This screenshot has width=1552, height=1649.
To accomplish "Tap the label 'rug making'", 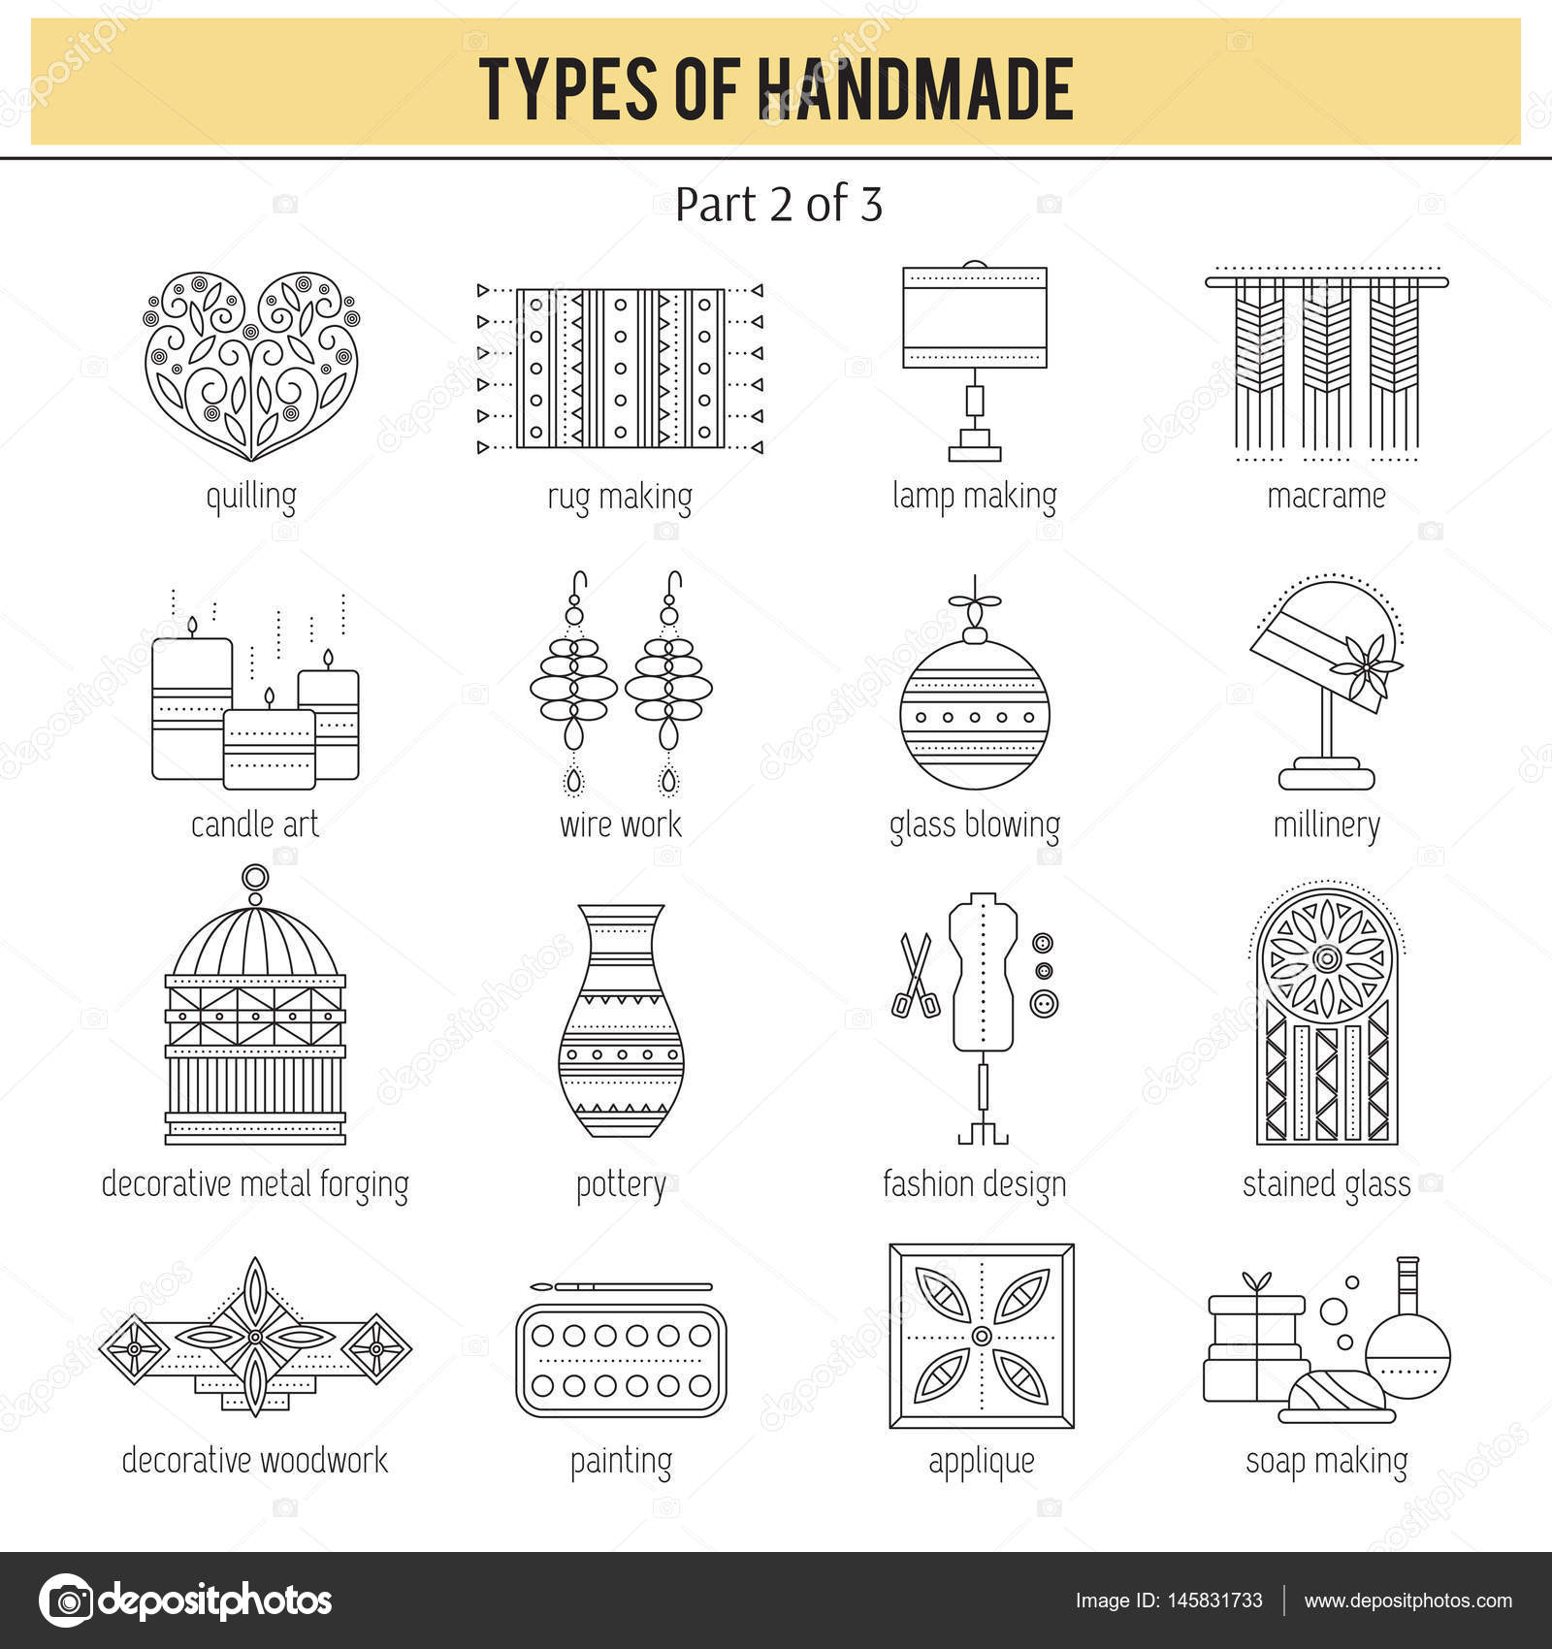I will [620, 497].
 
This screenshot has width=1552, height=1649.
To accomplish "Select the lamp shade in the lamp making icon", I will [975, 317].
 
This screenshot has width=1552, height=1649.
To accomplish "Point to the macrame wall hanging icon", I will [1326, 364].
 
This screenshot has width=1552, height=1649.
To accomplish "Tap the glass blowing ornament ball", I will [974, 715].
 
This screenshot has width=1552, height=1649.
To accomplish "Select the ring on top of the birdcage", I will [255, 879].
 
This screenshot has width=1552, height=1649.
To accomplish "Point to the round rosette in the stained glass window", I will [1326, 958].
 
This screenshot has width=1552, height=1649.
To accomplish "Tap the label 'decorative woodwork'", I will [254, 1460].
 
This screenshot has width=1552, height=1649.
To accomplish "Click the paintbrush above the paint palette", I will [621, 1287].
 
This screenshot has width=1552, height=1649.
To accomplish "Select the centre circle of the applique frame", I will [982, 1337].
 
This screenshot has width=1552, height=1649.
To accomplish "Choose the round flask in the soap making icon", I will [1407, 1351].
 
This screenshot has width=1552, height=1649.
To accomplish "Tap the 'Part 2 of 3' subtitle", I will [778, 205].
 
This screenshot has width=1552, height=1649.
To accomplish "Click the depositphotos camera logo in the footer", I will [66, 1600].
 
